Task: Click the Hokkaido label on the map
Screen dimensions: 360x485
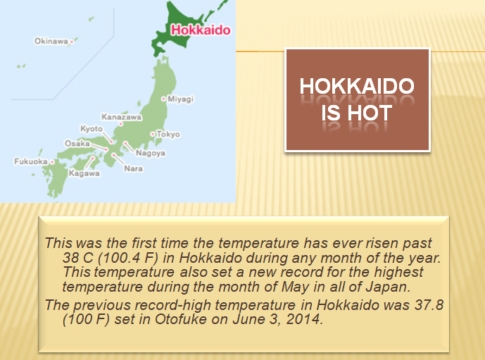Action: (201, 30)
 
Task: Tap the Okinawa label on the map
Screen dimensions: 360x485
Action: (51, 41)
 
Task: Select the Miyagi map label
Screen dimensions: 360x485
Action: (181, 99)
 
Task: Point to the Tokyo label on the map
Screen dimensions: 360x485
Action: (168, 134)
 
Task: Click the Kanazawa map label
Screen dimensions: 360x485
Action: (121, 116)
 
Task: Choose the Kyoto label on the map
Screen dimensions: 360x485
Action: (92, 129)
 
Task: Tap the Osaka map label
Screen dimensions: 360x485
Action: (77, 143)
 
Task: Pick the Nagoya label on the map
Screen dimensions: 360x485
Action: (150, 153)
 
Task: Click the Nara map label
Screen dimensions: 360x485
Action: (133, 168)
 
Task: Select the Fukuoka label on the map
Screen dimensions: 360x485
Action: (30, 161)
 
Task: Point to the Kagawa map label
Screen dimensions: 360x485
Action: (84, 173)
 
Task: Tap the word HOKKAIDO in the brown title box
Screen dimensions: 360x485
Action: (356, 87)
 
